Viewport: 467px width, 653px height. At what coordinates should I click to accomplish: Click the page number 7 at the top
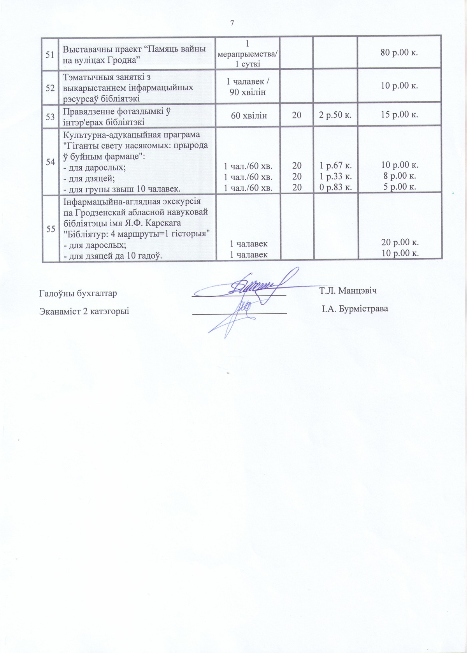[232, 23]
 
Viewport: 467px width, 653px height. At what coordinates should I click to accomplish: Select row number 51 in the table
[50, 55]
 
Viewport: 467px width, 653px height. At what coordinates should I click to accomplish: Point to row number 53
[50, 116]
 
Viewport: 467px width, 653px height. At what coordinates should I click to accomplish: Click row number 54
[50, 162]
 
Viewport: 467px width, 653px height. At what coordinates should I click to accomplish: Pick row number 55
[50, 229]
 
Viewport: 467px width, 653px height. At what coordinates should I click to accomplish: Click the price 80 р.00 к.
[399, 53]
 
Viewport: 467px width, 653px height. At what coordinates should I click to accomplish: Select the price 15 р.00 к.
[399, 115]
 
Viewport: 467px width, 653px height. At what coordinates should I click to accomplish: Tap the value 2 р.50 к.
[335, 115]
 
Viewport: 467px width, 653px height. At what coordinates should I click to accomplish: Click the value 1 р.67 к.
[335, 166]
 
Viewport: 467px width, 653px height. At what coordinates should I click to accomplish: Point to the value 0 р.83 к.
[335, 187]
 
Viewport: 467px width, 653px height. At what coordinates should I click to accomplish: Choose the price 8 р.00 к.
[399, 177]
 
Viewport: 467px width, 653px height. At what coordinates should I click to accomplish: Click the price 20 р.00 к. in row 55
[400, 242]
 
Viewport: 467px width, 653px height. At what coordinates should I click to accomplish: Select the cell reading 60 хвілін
[249, 115]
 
